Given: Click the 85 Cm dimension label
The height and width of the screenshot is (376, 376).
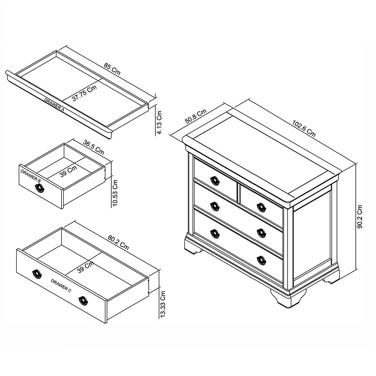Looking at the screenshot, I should tap(112, 70).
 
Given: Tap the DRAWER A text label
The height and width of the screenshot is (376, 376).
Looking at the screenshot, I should tap(54, 105).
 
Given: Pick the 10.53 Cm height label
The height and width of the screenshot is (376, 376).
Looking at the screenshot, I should tap(115, 193).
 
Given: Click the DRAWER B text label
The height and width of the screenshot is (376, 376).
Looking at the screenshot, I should tap(31, 176).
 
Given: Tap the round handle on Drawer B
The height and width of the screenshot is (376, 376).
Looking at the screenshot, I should tap(40, 189).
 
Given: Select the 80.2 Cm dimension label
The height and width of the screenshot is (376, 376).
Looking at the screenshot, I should tap(118, 243).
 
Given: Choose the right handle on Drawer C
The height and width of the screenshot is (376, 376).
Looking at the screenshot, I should tap(83, 300).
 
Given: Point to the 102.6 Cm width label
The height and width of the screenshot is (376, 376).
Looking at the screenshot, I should tap(304, 127).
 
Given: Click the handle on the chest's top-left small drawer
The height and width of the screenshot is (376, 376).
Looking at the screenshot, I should tap(215, 180).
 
